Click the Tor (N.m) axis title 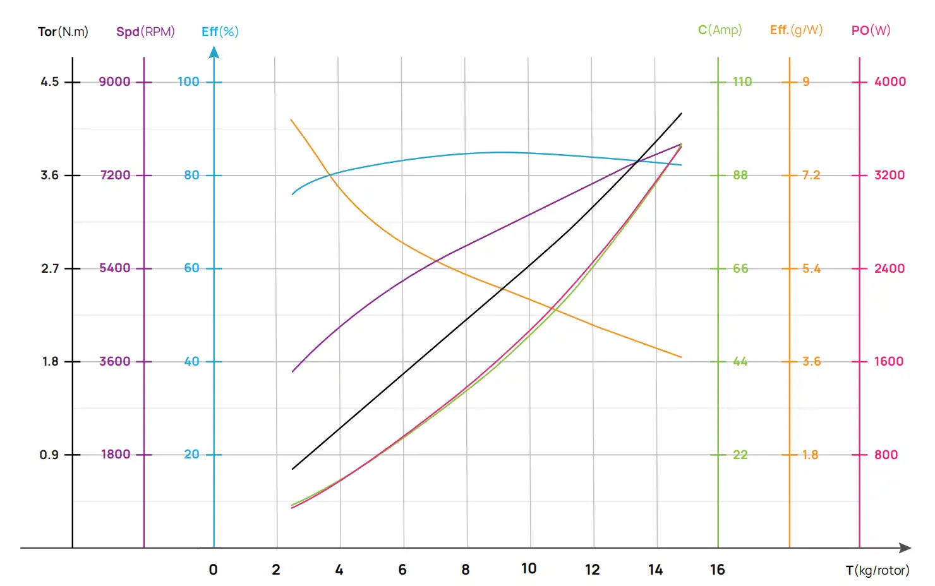pyautogui.click(x=63, y=32)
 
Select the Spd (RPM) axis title pyautogui.click(x=145, y=32)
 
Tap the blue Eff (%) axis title pyautogui.click(x=220, y=32)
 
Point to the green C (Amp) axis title pyautogui.click(x=720, y=30)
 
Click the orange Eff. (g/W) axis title pyautogui.click(x=796, y=30)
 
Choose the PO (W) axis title pyautogui.click(x=871, y=30)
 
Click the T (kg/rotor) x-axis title pyautogui.click(x=878, y=570)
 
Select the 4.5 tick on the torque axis pyautogui.click(x=50, y=82)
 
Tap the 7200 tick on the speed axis pyautogui.click(x=115, y=175)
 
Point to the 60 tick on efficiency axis pyautogui.click(x=191, y=268)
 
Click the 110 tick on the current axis pyautogui.click(x=742, y=82)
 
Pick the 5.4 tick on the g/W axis pyautogui.click(x=811, y=268)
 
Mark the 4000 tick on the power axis pyautogui.click(x=890, y=82)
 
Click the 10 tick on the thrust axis pyautogui.click(x=529, y=569)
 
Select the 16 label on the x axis pyautogui.click(x=718, y=570)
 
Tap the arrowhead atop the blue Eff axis pyautogui.click(x=214, y=52)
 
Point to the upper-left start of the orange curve pyautogui.click(x=291, y=119)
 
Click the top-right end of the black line pyautogui.click(x=682, y=114)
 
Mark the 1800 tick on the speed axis pyautogui.click(x=116, y=455)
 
